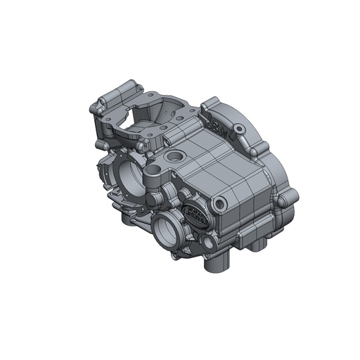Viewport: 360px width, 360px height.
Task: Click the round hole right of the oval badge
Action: [221, 205]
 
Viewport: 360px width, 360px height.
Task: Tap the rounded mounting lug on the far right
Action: [285, 200]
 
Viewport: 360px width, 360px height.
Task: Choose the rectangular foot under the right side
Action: [257, 243]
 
